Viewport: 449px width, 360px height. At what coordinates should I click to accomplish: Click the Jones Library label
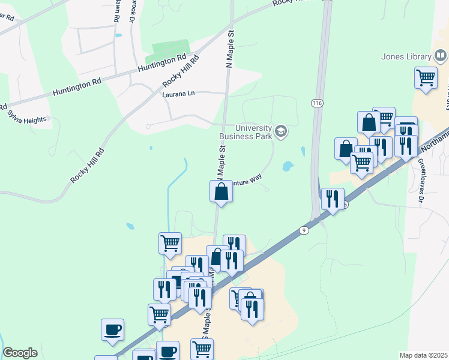406,57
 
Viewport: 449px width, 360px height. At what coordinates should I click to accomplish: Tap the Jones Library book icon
441,56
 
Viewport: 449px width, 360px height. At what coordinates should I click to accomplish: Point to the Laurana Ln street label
178,94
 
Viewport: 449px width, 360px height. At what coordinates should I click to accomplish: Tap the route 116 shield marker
317,103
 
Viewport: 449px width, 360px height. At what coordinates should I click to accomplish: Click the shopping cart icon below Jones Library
426,77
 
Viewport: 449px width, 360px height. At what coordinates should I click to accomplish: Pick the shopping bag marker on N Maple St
221,192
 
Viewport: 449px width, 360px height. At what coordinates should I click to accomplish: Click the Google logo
20,352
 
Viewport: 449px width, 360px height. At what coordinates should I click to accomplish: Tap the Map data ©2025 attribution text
423,355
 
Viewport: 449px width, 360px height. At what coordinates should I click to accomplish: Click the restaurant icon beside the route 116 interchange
333,199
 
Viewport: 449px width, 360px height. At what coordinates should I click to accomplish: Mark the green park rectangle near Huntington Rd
170,50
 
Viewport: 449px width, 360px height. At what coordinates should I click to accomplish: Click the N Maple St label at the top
229,50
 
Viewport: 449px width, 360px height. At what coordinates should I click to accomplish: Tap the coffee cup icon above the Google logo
112,329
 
